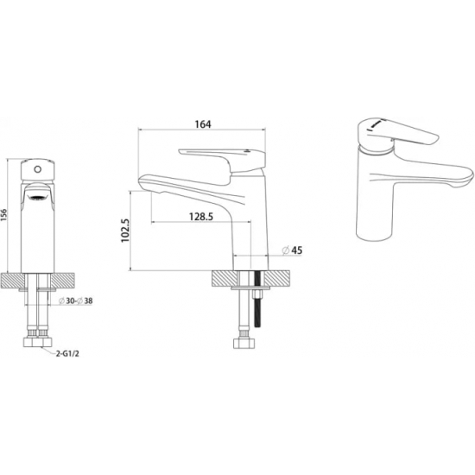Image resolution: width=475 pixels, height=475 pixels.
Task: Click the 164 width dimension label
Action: point(203,124)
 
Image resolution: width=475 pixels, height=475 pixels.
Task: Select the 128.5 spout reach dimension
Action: point(201,217)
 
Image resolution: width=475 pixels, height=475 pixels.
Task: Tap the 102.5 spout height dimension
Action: point(125,231)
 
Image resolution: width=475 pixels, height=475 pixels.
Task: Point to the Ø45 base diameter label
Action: point(292,250)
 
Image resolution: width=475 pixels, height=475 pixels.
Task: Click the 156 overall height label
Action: point(3,215)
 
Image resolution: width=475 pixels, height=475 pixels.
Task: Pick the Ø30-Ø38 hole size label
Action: point(75,301)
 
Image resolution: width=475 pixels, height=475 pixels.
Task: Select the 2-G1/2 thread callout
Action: point(67,353)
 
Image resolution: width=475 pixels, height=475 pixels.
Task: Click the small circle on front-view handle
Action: point(37,169)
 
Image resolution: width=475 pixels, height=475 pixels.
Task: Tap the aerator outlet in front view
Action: point(37,199)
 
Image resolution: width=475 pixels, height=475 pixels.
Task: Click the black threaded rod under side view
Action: point(258,300)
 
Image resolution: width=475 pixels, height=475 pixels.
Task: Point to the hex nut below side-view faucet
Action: point(244,343)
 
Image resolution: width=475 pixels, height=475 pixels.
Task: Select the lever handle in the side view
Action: point(222,161)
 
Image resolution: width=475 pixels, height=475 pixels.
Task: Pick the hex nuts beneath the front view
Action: point(37,342)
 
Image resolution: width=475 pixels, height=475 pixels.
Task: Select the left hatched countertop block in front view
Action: point(12,281)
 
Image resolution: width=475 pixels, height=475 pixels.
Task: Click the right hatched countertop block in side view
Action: point(277,278)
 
